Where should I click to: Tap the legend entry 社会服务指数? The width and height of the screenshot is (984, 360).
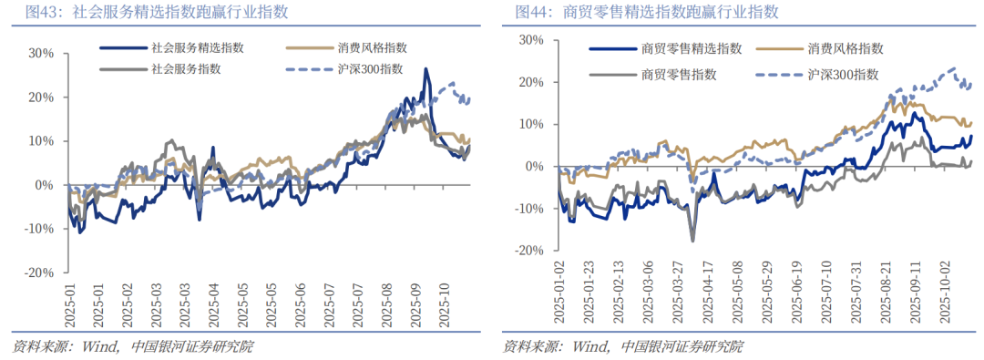click(x=187, y=69)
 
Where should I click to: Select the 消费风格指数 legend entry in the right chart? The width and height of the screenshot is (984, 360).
click(x=846, y=48)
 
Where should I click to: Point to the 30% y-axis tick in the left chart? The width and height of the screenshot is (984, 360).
click(x=42, y=53)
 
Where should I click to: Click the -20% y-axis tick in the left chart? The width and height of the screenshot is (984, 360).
click(x=40, y=273)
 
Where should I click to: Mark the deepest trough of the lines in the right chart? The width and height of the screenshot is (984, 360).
click(x=692, y=241)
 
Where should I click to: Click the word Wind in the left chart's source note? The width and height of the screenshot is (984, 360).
click(x=100, y=347)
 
